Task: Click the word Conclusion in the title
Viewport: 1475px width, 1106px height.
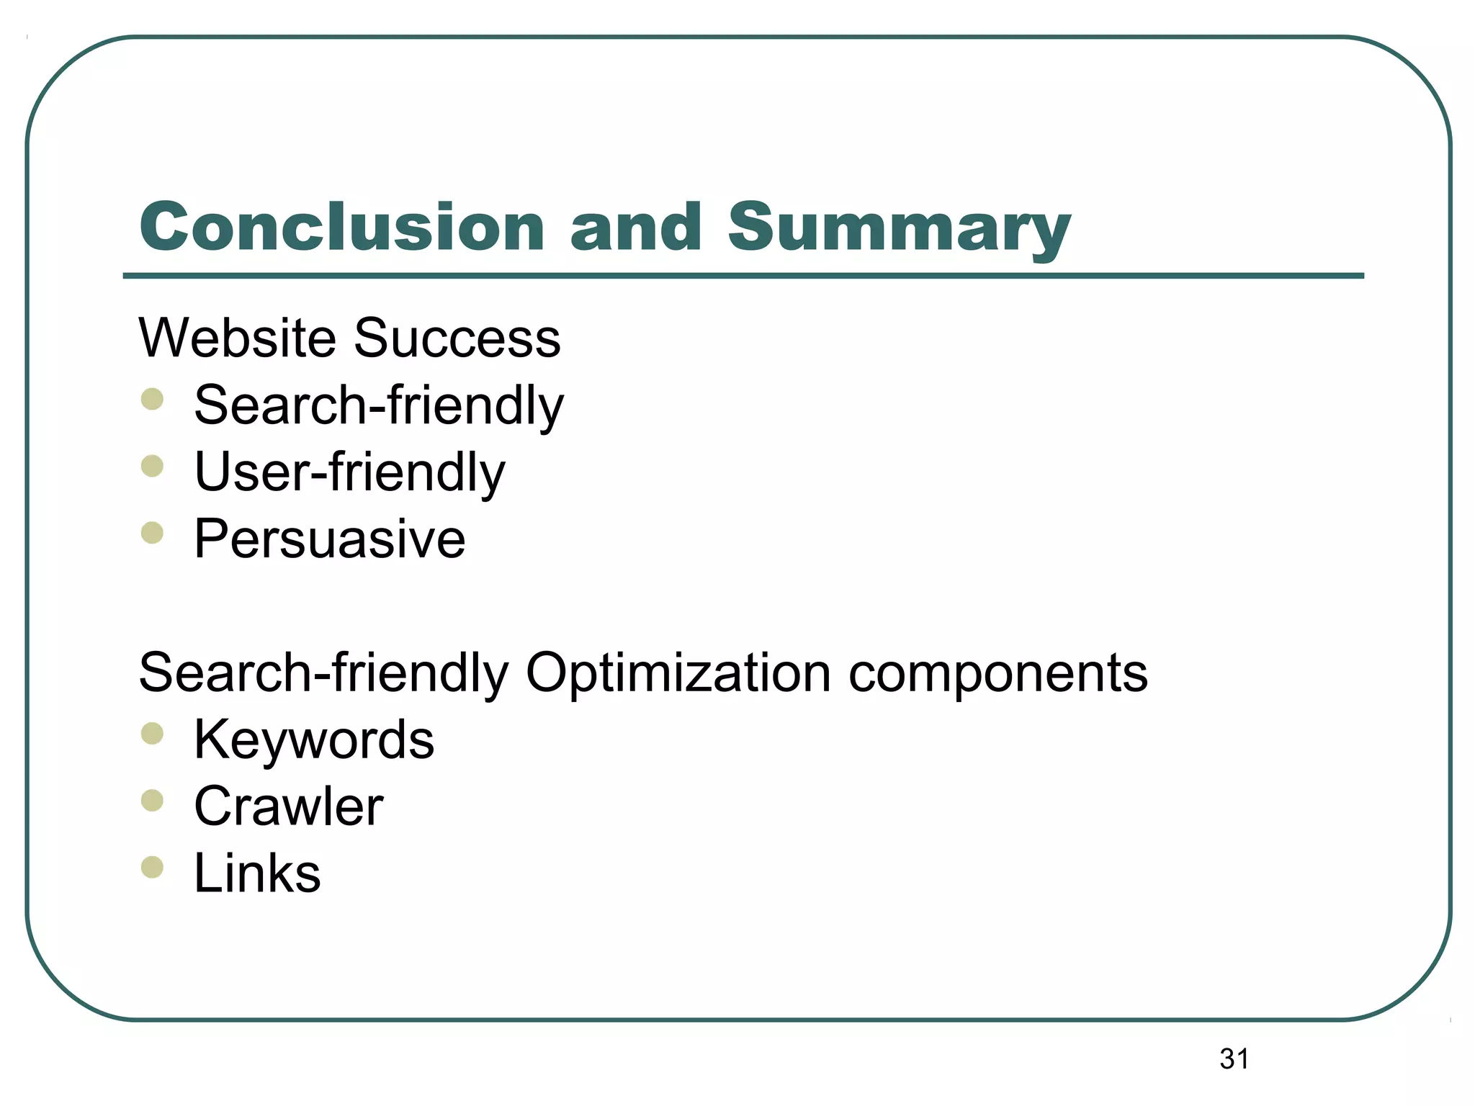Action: [x=342, y=228]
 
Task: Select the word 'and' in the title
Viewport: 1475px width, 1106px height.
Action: [x=636, y=228]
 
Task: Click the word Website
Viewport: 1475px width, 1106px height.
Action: [x=238, y=338]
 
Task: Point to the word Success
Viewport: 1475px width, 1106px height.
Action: [x=457, y=338]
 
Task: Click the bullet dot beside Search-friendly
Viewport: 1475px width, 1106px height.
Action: [x=153, y=399]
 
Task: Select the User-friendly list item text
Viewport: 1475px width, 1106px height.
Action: [x=350, y=472]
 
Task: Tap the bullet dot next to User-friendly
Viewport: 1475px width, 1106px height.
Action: [x=153, y=466]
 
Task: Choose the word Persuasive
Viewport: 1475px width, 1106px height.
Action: [x=330, y=539]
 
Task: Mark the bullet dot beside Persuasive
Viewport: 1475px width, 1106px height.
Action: [x=153, y=533]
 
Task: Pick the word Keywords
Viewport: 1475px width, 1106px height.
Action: [x=314, y=739]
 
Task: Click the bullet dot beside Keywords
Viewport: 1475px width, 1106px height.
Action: [x=153, y=734]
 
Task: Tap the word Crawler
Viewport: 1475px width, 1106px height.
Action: [x=289, y=806]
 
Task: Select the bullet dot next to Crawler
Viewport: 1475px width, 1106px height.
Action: [x=153, y=801]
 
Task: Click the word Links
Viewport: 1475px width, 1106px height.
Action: [x=257, y=873]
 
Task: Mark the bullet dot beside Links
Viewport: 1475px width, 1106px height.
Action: [x=153, y=868]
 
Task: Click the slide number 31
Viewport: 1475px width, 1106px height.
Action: [x=1234, y=1059]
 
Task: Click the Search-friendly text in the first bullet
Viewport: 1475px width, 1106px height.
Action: [x=379, y=405]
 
